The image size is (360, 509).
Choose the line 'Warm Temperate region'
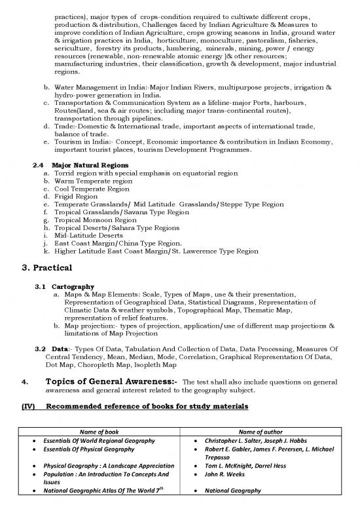(94, 180)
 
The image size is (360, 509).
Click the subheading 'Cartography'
(73, 286)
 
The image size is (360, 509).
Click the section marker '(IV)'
(29, 407)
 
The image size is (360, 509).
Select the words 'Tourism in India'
(79, 140)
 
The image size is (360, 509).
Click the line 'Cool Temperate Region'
(92, 188)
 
